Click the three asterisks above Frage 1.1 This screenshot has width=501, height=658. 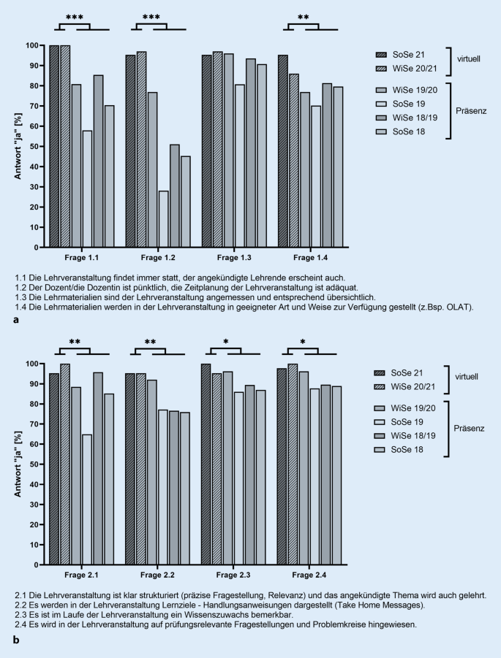(x=74, y=18)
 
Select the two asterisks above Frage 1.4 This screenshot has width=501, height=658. (x=303, y=18)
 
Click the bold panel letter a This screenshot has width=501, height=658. (x=15, y=320)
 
